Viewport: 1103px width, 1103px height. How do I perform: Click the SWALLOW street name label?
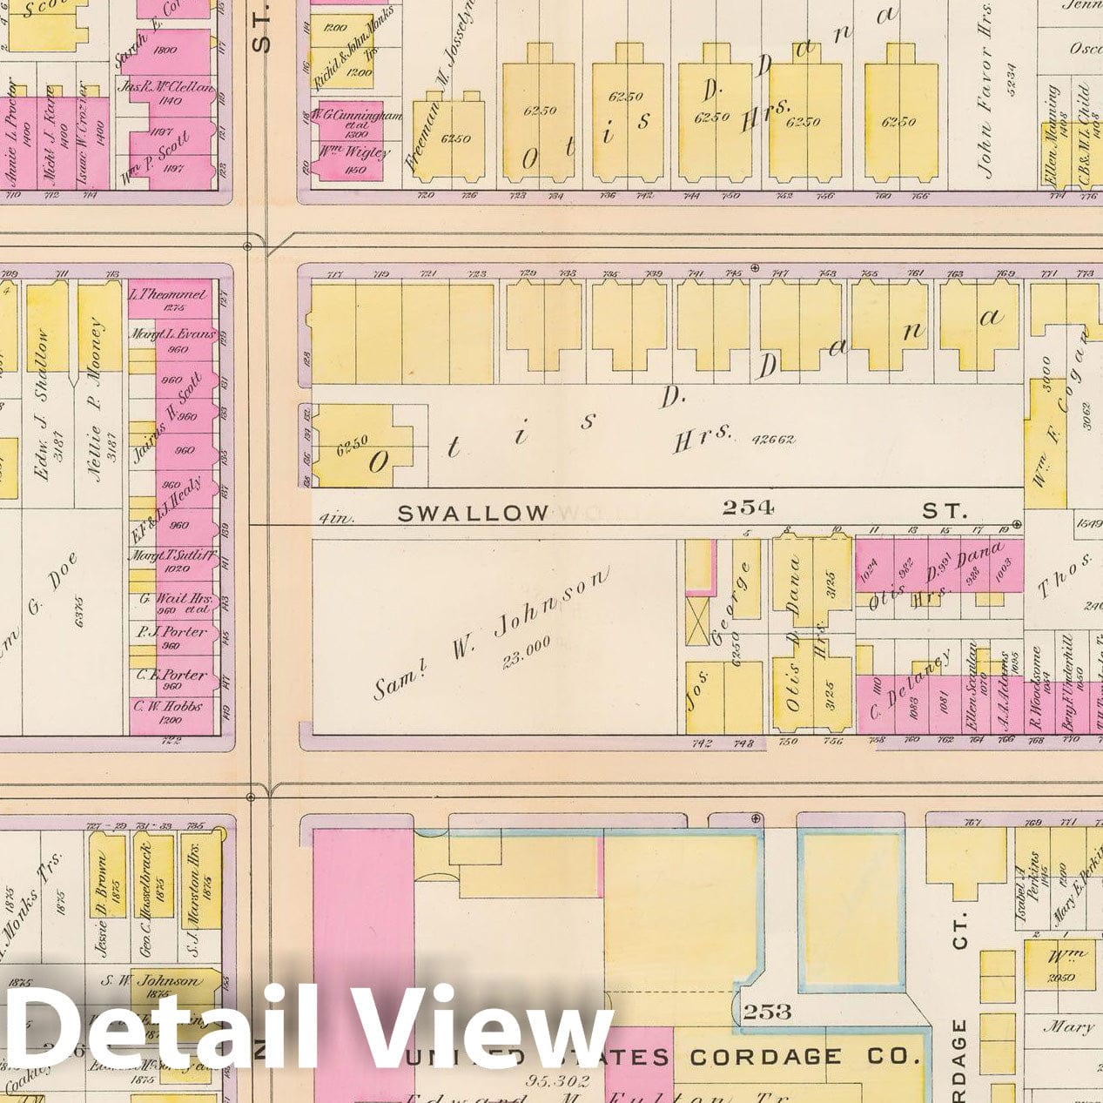point(473,514)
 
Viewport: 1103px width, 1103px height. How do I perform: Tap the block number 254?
point(747,507)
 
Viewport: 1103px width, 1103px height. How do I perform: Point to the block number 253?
point(767,1011)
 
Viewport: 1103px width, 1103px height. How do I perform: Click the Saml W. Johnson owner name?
point(493,632)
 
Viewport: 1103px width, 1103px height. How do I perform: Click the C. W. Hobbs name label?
point(169,706)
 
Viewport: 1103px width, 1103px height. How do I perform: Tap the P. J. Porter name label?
point(171,632)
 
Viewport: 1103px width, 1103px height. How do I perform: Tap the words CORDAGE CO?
point(804,1057)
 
